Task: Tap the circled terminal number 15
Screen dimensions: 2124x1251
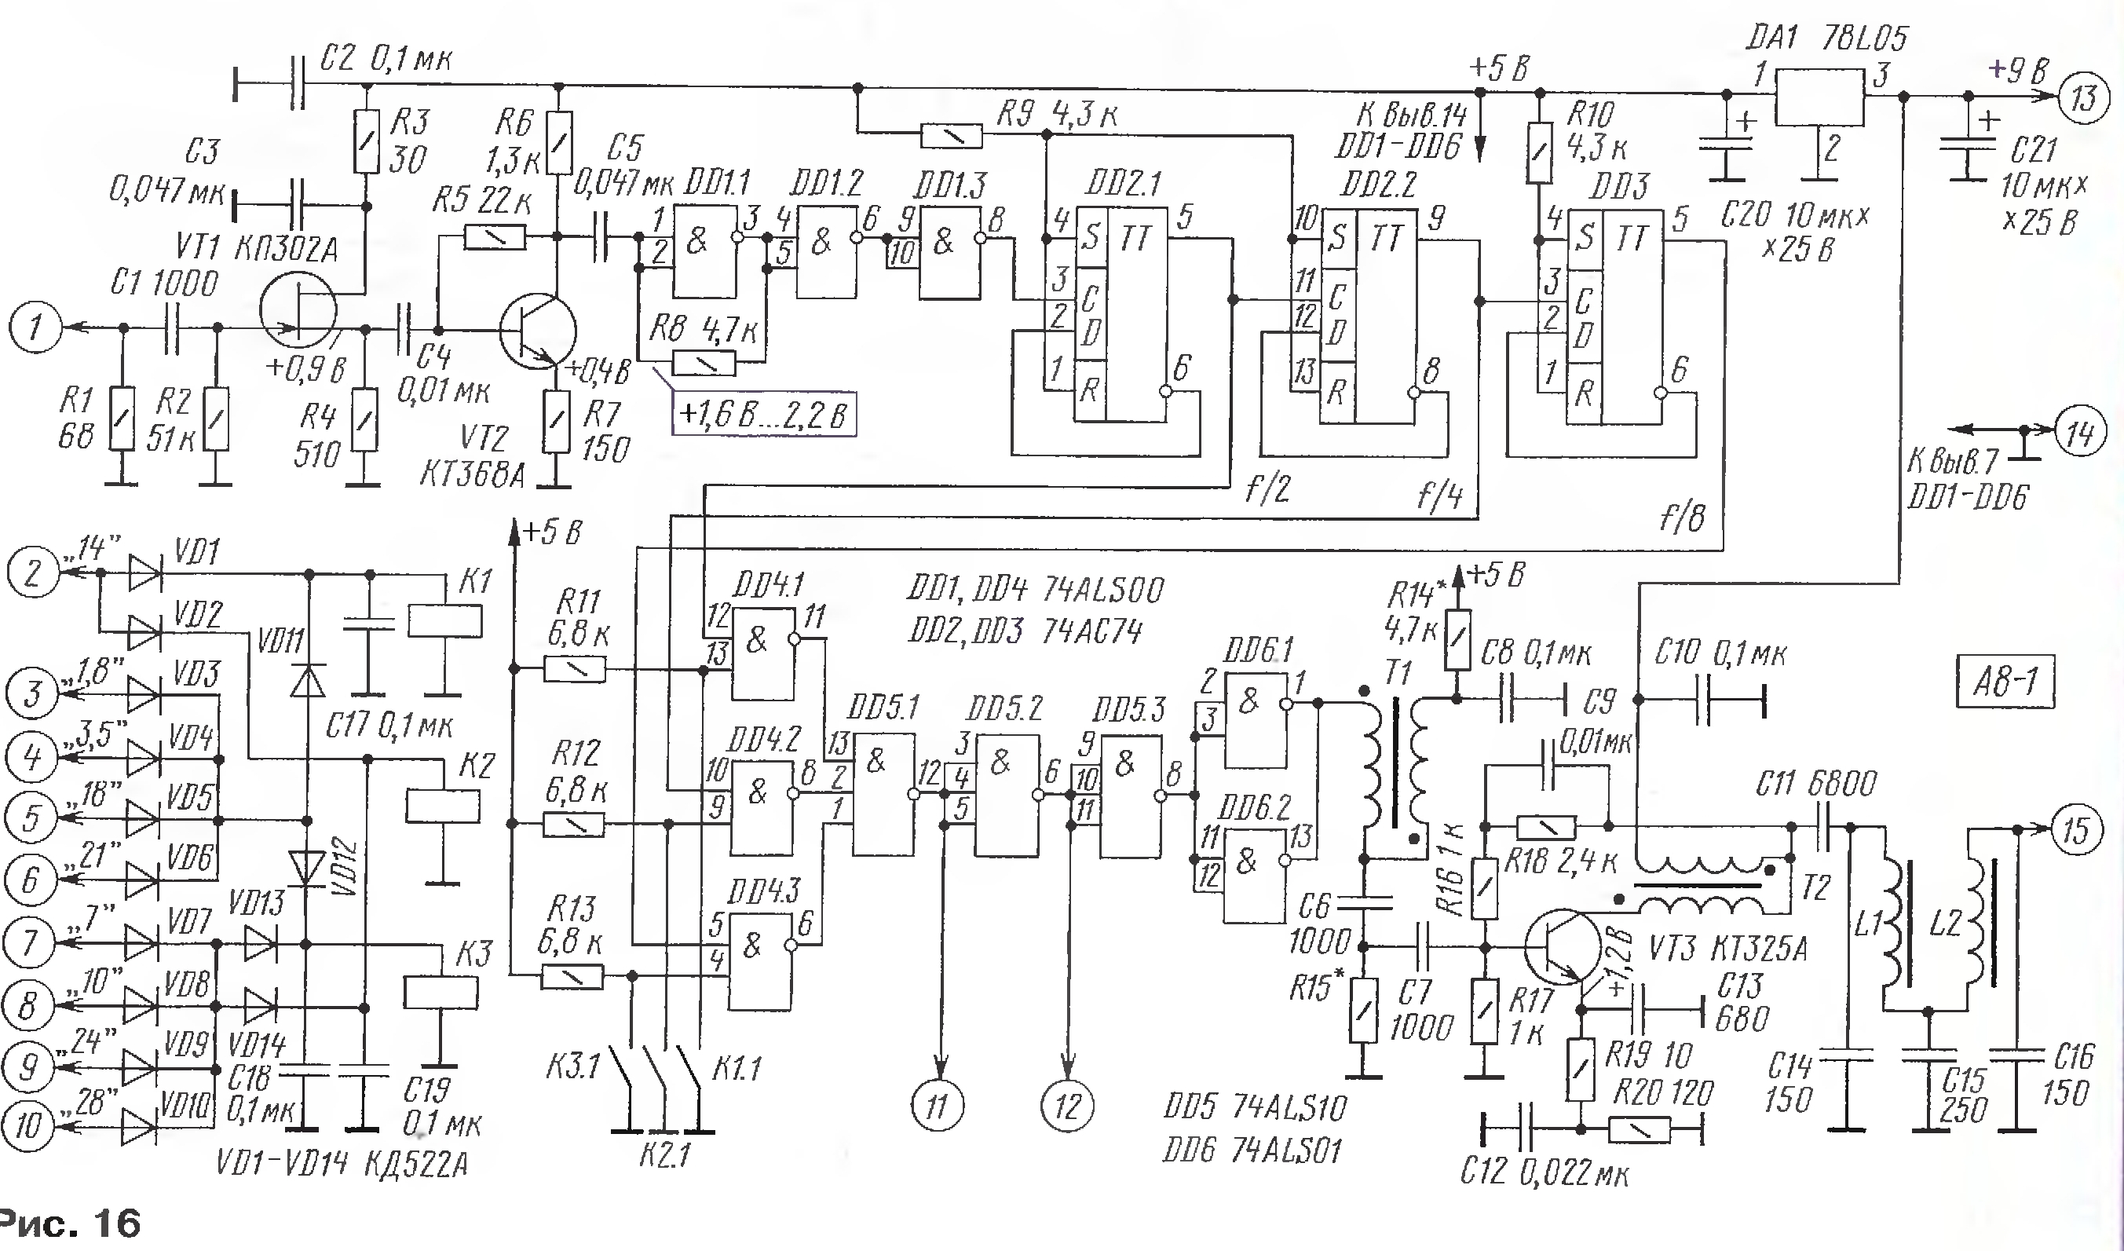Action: tap(2076, 829)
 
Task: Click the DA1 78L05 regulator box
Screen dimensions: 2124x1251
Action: tap(1819, 95)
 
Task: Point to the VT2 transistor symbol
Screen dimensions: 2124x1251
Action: tap(537, 330)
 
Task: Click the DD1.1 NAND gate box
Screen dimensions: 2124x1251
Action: tap(704, 253)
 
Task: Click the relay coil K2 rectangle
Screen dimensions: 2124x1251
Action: tap(443, 806)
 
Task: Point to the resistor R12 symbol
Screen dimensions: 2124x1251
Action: tap(573, 824)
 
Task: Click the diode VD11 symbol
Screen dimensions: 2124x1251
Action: tap(308, 679)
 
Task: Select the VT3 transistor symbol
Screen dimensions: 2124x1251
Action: tap(1562, 946)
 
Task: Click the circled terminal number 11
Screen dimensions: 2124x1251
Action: tap(938, 1105)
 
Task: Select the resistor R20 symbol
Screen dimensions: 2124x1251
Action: tap(1640, 1130)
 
